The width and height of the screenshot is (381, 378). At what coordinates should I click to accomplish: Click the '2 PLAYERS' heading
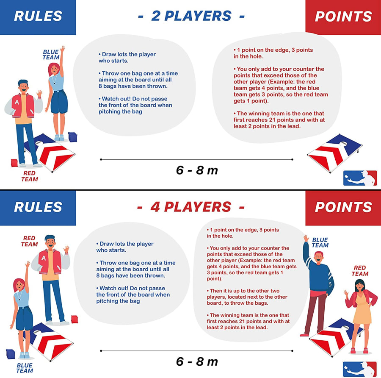coord(191,16)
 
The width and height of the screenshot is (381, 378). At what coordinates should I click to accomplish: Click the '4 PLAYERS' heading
coord(191,207)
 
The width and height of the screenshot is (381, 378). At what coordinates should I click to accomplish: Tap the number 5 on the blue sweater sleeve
coord(330,284)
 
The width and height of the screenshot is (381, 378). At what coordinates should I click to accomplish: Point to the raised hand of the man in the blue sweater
coord(306,238)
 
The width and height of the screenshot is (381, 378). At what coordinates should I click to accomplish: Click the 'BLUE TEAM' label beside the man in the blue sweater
coord(320,242)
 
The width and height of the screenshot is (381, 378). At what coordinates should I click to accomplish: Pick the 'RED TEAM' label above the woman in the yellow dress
coord(360,271)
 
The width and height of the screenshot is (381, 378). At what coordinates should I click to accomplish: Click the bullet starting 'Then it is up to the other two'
coord(247,297)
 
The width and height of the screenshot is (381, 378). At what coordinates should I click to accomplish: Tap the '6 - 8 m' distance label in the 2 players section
coord(197,170)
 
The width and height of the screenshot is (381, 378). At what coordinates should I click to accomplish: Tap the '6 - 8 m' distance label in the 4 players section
coord(197,361)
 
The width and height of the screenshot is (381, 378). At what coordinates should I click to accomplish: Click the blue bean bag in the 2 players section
coord(73,137)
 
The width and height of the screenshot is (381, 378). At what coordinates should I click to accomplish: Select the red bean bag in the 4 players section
coord(75,319)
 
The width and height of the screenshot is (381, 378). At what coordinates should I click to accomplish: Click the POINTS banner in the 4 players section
coord(343,208)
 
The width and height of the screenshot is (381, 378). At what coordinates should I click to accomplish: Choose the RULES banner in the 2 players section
coord(38,17)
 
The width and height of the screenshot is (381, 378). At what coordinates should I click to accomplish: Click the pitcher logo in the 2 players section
coord(360,178)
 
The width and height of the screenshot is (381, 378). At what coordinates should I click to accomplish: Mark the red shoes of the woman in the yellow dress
coord(359,350)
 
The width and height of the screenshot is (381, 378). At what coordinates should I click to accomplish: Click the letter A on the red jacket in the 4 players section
coord(44,258)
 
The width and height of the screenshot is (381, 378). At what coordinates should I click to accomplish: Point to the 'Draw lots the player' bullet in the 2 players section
coord(127,57)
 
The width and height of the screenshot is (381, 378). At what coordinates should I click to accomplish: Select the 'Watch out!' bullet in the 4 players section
coord(133,295)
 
